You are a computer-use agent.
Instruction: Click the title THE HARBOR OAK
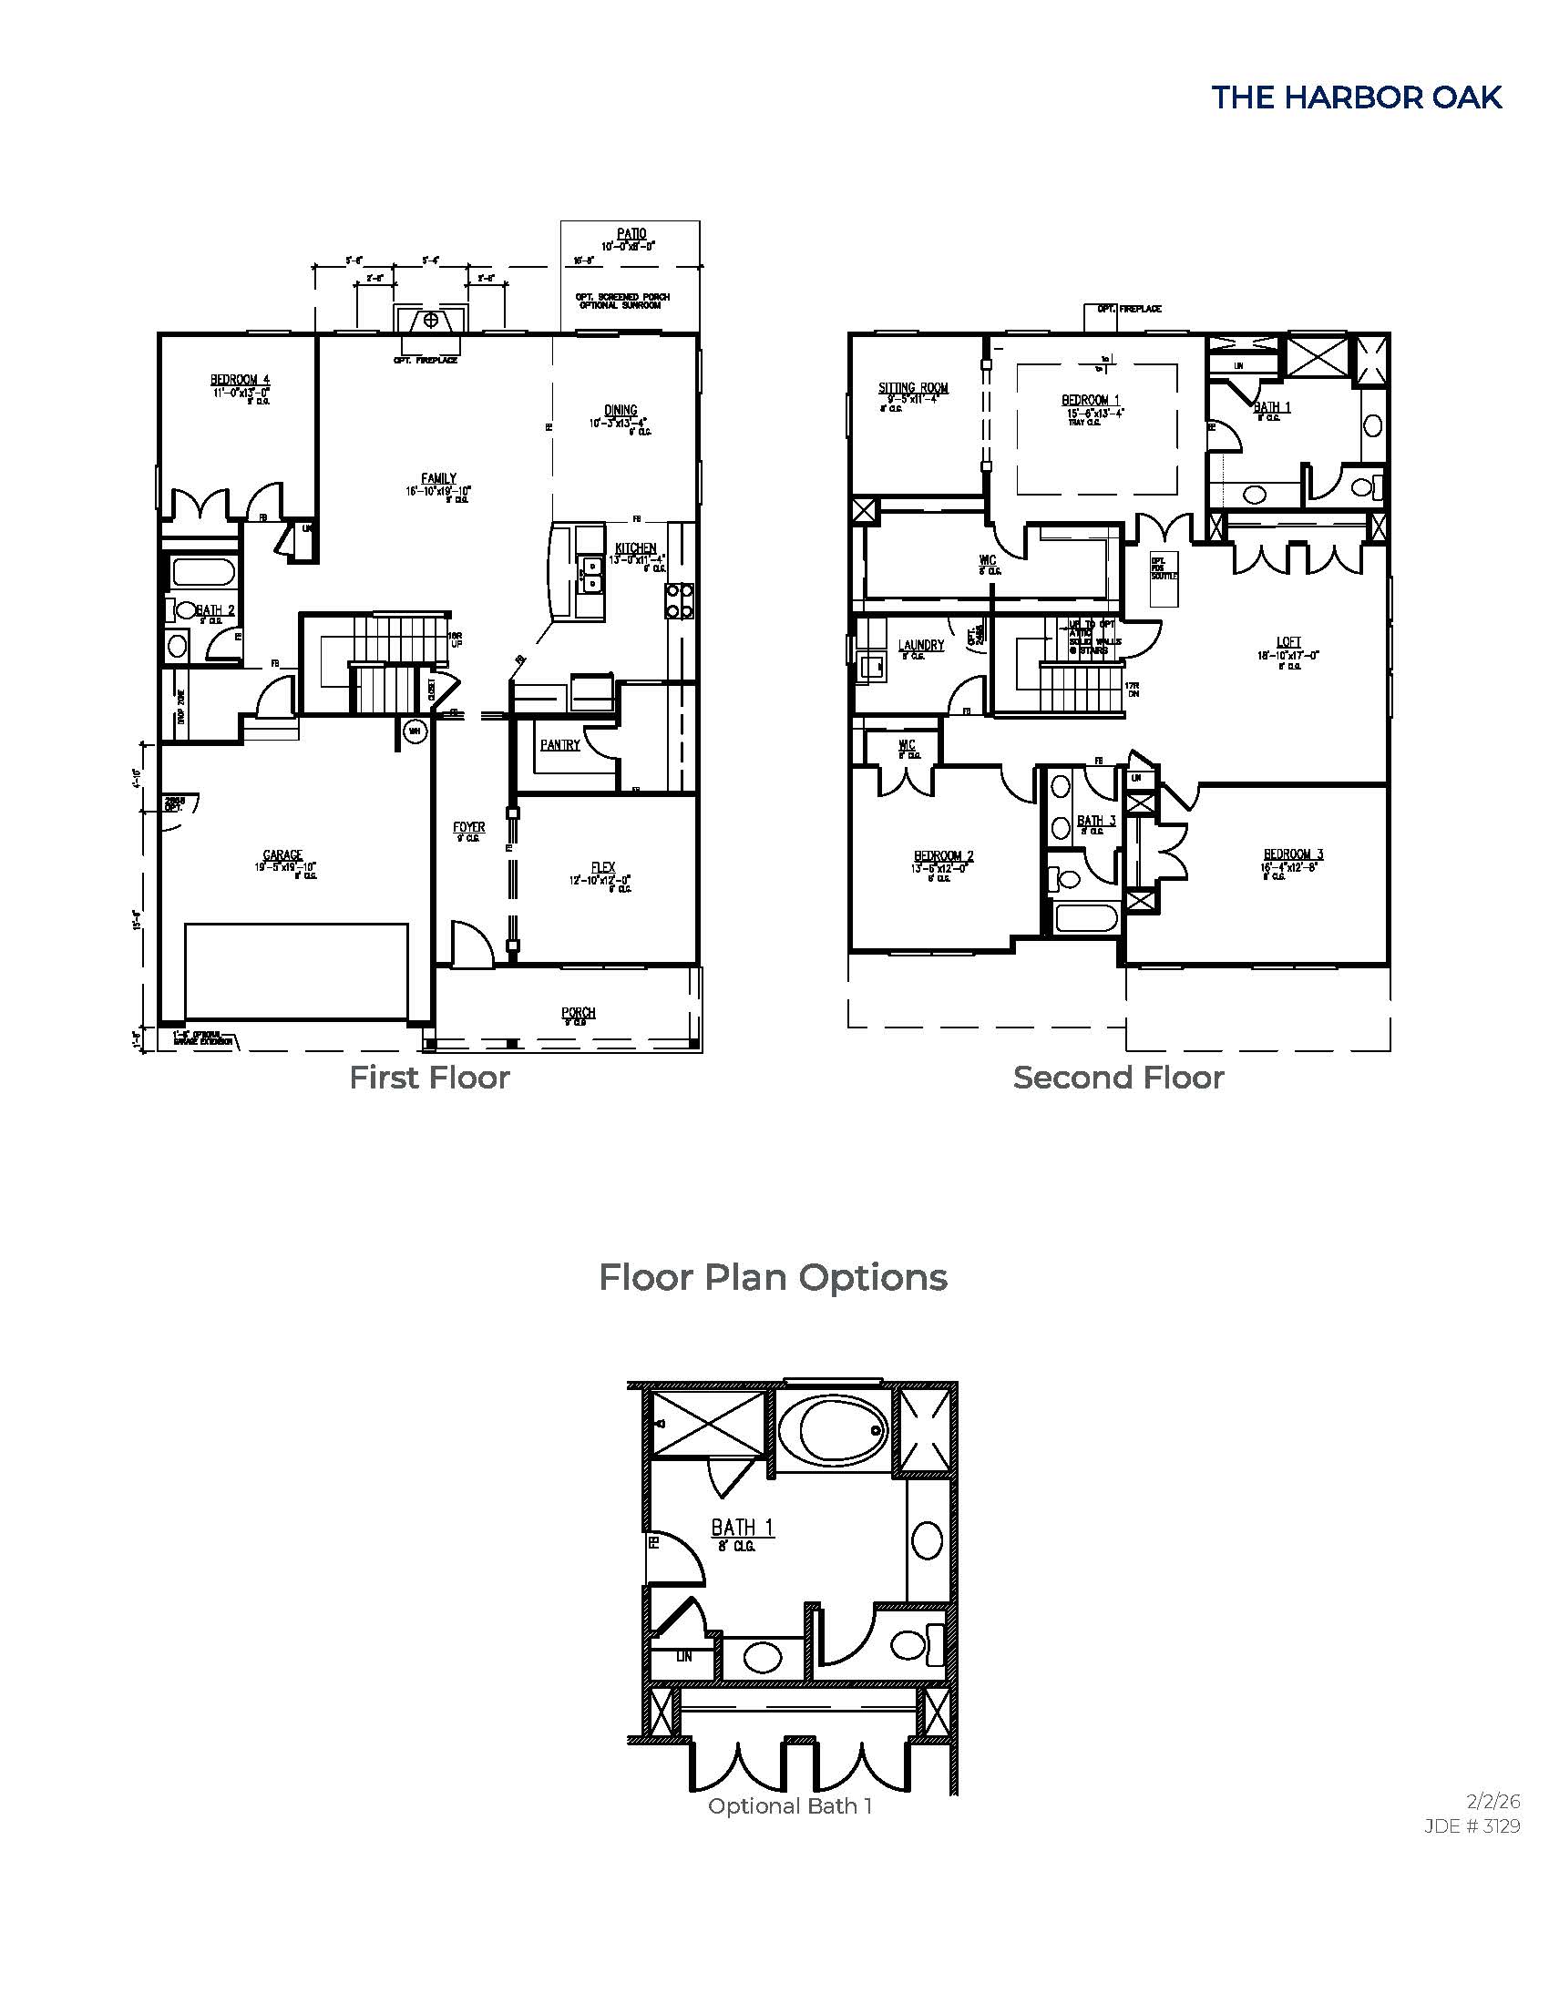tap(1357, 97)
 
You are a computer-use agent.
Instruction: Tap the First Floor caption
tap(428, 1078)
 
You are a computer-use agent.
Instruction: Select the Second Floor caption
tap(1118, 1078)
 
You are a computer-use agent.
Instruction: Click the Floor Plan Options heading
tap(773, 1277)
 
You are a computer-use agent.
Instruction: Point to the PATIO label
tap(631, 235)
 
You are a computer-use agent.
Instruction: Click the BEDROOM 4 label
tap(240, 380)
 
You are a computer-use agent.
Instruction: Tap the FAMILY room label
tap(438, 478)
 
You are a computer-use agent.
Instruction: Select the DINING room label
tap(621, 411)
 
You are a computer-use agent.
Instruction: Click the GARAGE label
tap(282, 855)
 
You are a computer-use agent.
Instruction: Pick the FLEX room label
tap(603, 867)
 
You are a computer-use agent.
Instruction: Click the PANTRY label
tap(559, 745)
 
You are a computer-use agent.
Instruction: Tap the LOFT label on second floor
tap(1288, 642)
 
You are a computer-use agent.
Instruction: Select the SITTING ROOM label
tap(913, 388)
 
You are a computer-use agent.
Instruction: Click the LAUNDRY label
tap(920, 645)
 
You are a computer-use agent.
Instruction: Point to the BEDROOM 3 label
tap(1293, 854)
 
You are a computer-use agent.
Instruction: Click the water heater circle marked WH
tap(414, 731)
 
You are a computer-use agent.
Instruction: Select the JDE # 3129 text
tap(1472, 1826)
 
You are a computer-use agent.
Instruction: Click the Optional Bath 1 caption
tap(789, 1805)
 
